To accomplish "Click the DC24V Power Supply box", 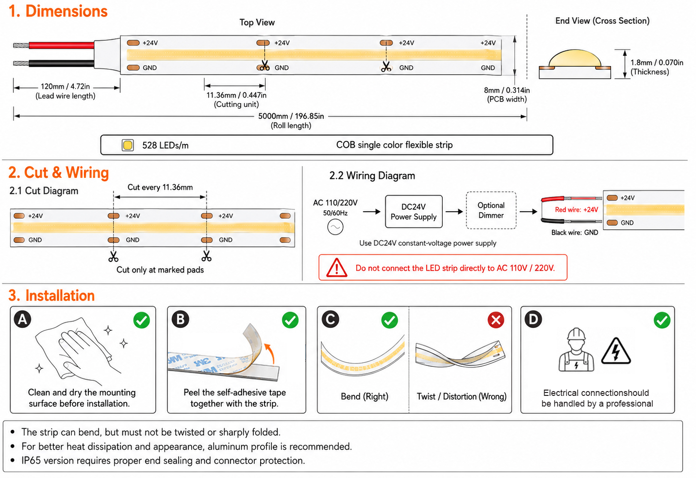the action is point(414,211).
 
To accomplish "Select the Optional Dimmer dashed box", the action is point(491,210).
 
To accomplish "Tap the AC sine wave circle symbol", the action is point(335,227).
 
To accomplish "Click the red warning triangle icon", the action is point(336,268).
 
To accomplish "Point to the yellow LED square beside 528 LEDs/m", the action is point(128,145).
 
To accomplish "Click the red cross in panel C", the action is point(496,320).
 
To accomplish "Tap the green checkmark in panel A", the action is point(142,320).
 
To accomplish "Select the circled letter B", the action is point(181,319).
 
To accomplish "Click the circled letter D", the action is point(533,319).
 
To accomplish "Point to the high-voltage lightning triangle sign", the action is point(616,351).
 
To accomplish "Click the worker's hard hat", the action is point(577,334).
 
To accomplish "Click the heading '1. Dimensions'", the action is point(58,11).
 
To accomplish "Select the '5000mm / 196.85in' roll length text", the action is point(291,116).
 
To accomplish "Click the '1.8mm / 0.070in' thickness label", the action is point(657,63).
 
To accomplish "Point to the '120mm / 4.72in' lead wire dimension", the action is point(65,86).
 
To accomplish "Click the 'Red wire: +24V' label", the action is point(577,210).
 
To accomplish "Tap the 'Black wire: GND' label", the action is point(575,233).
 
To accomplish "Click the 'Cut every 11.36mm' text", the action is point(160,187).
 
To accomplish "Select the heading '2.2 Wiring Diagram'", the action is point(372,176).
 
